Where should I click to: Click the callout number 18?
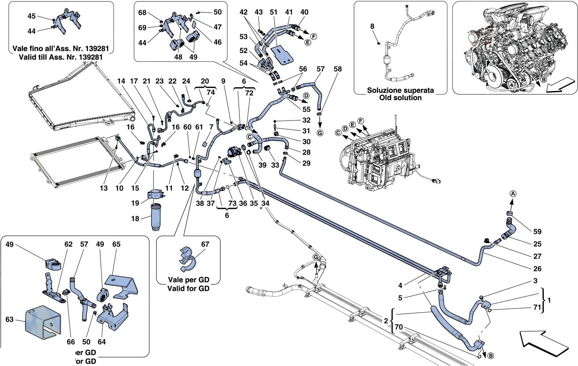coord(135,219)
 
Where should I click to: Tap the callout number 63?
coord(9,319)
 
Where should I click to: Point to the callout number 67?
coord(205,244)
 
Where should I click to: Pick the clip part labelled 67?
coord(187,259)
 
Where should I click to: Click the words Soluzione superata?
coord(400,90)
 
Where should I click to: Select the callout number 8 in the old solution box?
coord(372,26)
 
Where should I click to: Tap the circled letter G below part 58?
coord(320,133)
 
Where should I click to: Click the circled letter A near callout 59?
coord(513,194)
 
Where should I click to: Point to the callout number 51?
coord(273,12)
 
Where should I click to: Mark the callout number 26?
coord(537,269)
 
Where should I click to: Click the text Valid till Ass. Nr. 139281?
coord(61,57)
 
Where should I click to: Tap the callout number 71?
coord(537,307)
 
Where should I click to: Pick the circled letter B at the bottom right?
coord(491,356)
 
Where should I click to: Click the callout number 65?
coord(116,244)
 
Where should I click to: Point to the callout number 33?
coord(275,165)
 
